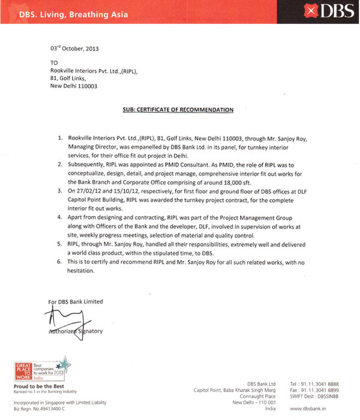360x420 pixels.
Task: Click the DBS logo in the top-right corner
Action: point(328,10)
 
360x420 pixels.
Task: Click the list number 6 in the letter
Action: point(59,263)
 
